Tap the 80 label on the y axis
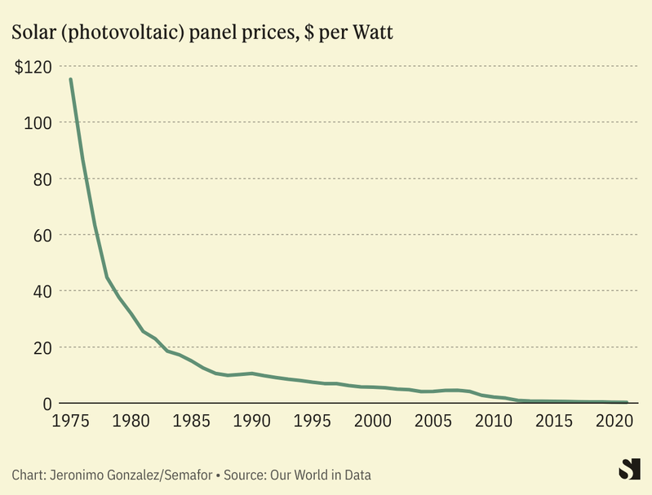(42, 179)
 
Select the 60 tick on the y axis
(42, 236)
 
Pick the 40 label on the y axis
(42, 292)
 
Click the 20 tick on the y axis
(42, 348)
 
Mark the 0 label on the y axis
(47, 404)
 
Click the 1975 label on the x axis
(69, 422)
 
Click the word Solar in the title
(32, 33)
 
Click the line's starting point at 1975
(70, 79)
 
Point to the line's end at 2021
(626, 402)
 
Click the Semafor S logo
(630, 469)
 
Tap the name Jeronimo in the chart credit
(77, 475)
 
